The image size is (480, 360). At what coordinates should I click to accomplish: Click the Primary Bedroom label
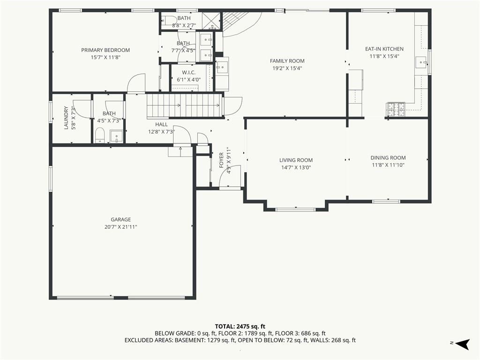pyautogui.click(x=105, y=50)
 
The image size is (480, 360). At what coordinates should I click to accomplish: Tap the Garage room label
pyautogui.click(x=120, y=219)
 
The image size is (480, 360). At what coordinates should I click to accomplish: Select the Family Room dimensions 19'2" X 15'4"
pyautogui.click(x=287, y=68)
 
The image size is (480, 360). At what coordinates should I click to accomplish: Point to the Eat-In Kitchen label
pyautogui.click(x=384, y=49)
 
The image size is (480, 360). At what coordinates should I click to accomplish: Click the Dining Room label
pyautogui.click(x=388, y=157)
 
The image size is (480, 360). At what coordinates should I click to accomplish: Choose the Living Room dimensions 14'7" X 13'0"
pyautogui.click(x=296, y=167)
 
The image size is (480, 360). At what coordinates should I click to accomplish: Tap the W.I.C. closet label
pyautogui.click(x=188, y=73)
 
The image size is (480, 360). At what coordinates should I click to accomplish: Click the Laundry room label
pyautogui.click(x=66, y=118)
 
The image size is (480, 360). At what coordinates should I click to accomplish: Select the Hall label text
pyautogui.click(x=161, y=124)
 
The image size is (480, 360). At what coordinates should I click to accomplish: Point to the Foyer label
pyautogui.click(x=221, y=160)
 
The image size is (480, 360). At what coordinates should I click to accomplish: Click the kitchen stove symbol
pyautogui.click(x=395, y=110)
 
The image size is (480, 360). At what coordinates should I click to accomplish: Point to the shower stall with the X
pyautogui.click(x=212, y=21)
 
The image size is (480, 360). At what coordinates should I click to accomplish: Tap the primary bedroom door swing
pyautogui.click(x=136, y=83)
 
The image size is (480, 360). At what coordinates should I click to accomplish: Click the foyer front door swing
pyautogui.click(x=230, y=175)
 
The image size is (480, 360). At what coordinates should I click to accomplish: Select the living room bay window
pyautogui.click(x=295, y=210)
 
